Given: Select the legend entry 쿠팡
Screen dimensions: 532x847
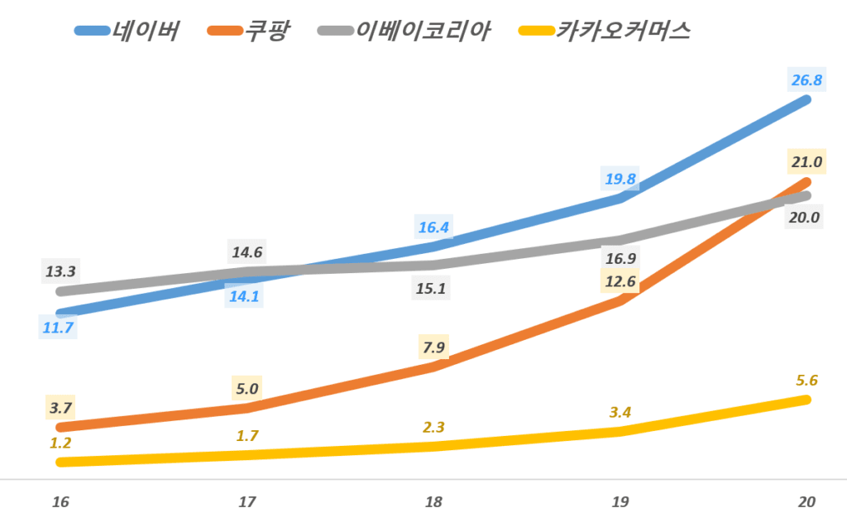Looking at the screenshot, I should click(x=267, y=31).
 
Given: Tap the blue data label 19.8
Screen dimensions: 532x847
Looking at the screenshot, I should click(x=620, y=179).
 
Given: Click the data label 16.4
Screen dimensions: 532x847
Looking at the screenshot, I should click(x=433, y=227).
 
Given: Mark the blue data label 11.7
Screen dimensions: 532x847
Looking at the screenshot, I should click(x=59, y=328).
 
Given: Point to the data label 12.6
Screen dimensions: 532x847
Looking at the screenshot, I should click(x=620, y=282).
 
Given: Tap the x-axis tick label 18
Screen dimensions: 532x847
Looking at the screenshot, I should click(x=433, y=502).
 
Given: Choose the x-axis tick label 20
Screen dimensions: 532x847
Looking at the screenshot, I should click(x=807, y=502).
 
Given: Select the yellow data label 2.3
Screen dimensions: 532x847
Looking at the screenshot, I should click(x=433, y=427).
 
